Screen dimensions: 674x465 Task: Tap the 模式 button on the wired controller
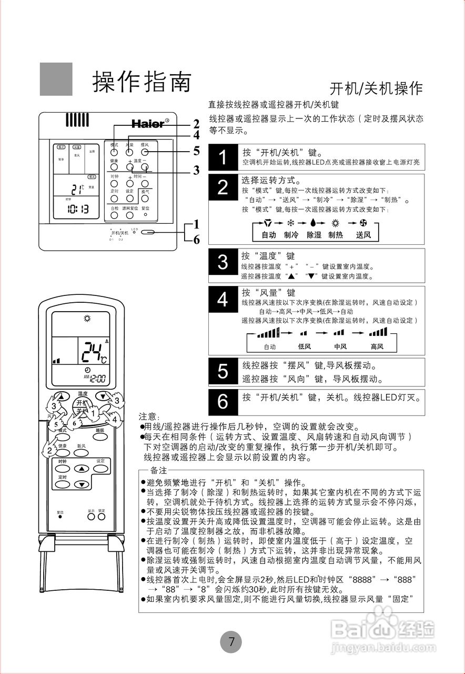tap(114, 151)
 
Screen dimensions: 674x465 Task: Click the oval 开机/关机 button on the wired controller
tap(148, 232)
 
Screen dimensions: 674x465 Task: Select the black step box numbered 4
tap(223, 300)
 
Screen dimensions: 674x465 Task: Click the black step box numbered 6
tap(223, 402)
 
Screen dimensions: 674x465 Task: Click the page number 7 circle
tap(231, 642)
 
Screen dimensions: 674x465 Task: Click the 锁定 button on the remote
tap(101, 517)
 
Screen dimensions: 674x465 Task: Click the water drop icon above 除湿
tap(314, 223)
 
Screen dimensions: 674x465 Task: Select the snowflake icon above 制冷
tap(290, 223)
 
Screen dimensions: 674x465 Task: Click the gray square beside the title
tap(56, 79)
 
